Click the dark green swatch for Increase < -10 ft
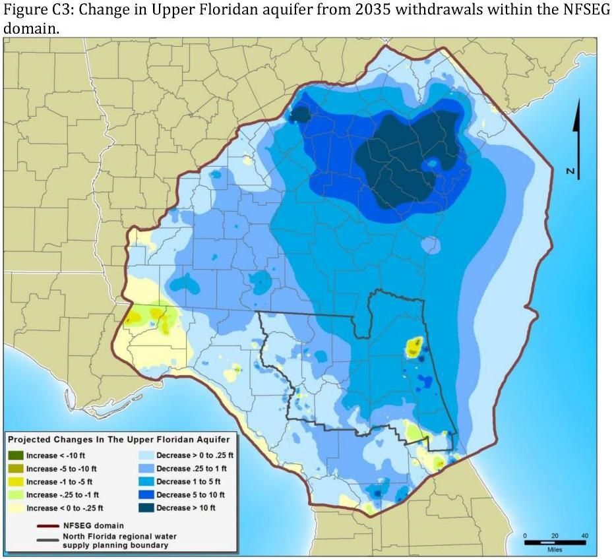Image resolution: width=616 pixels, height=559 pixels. pyautogui.click(x=16, y=456)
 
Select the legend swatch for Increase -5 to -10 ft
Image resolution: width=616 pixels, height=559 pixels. pyautogui.click(x=16, y=469)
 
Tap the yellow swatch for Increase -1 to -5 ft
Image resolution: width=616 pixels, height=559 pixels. pyautogui.click(x=16, y=482)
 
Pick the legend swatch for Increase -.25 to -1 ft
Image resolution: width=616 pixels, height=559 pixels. pyautogui.click(x=16, y=494)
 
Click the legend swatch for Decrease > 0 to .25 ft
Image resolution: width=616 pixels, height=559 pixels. pyautogui.click(x=146, y=456)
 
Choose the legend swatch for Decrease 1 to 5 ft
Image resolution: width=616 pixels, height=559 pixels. pyautogui.click(x=146, y=482)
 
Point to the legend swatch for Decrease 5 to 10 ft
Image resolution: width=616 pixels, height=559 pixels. pyautogui.click(x=146, y=494)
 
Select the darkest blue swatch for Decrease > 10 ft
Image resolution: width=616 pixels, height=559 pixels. pyautogui.click(x=146, y=508)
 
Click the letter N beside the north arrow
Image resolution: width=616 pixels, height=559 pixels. pyautogui.click(x=572, y=171)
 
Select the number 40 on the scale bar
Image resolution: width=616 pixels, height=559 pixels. pyautogui.click(x=584, y=535)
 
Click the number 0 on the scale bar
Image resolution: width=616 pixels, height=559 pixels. pyautogui.click(x=526, y=535)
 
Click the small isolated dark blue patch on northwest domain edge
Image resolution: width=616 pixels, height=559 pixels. pyautogui.click(x=300, y=115)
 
